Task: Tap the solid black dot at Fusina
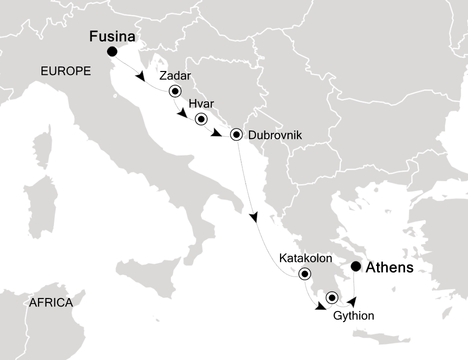click(112, 51)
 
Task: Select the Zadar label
click(175, 76)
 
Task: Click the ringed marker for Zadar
click(175, 91)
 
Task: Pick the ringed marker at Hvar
click(201, 119)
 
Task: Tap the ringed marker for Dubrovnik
click(237, 135)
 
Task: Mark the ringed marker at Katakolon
click(304, 274)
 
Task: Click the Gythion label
click(353, 315)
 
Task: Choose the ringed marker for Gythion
click(332, 298)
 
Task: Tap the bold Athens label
click(390, 268)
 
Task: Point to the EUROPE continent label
click(65, 71)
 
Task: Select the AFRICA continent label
click(51, 302)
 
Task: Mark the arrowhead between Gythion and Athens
click(352, 301)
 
